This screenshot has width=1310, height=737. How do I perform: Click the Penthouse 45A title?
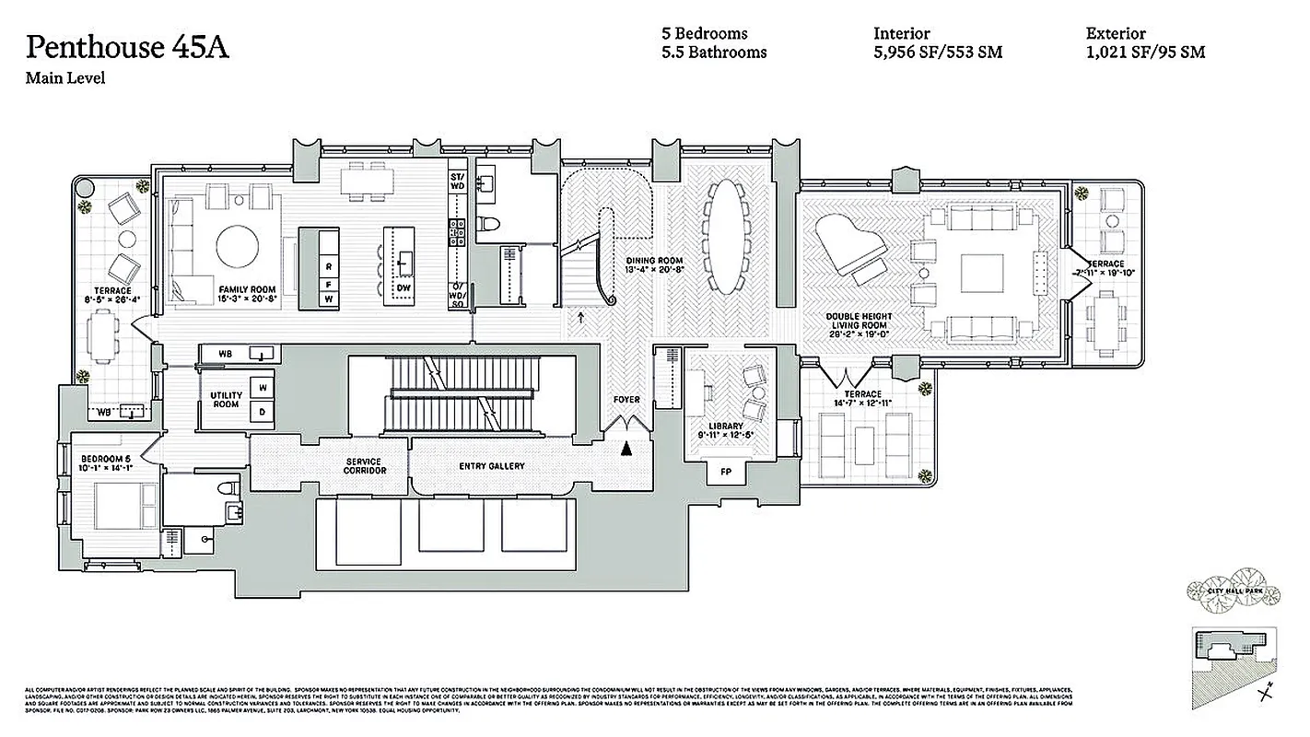click(127, 48)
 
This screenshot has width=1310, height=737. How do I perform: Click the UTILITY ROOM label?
click(226, 400)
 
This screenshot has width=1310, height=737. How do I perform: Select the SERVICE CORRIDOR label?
click(363, 466)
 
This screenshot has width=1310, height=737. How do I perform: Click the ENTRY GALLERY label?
click(492, 466)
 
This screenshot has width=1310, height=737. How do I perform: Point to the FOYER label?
click(626, 400)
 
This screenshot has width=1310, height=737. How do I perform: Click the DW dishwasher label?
click(403, 288)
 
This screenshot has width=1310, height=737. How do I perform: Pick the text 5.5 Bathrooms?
click(714, 53)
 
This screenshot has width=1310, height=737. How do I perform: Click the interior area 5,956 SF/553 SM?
click(938, 53)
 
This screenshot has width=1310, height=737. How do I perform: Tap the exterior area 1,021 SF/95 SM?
click(1145, 53)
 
